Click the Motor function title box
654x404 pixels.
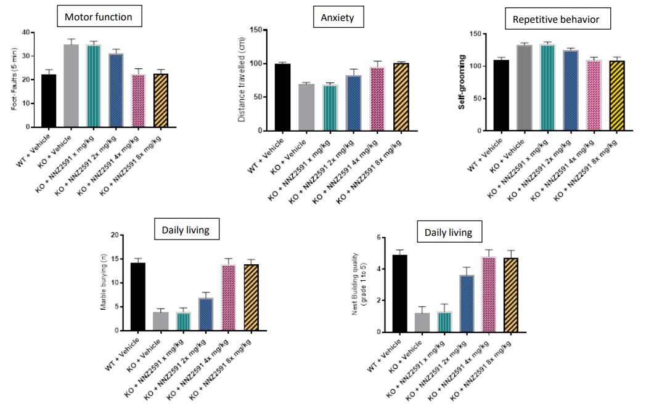99,17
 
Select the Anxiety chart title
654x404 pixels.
337,17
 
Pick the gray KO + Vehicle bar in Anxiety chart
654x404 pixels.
307,107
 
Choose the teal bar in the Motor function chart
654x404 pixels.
94,86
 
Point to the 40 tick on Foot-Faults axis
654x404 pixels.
25,32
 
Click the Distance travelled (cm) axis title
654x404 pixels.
242,81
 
